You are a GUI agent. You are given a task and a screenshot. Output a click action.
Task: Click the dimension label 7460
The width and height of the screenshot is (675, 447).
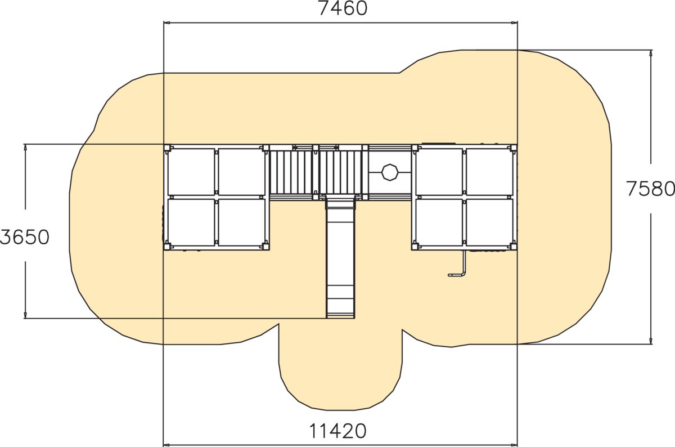point(343,8)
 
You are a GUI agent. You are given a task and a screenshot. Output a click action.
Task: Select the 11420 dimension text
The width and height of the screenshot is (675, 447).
point(338,431)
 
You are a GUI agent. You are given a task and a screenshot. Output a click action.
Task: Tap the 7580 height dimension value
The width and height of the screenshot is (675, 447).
point(651,189)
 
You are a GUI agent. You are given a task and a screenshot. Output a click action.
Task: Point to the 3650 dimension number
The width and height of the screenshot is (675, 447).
point(24,237)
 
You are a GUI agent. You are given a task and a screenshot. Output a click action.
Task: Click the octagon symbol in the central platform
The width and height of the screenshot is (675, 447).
point(390,172)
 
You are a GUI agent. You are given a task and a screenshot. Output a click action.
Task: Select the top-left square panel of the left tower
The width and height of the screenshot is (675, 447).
point(191,172)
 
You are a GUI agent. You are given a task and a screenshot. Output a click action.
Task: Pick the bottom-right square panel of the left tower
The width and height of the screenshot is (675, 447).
point(241,222)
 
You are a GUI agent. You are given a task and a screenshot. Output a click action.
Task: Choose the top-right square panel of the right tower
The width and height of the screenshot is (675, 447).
point(490,172)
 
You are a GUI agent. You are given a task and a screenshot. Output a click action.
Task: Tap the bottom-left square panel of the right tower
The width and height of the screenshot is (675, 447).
point(439,222)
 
